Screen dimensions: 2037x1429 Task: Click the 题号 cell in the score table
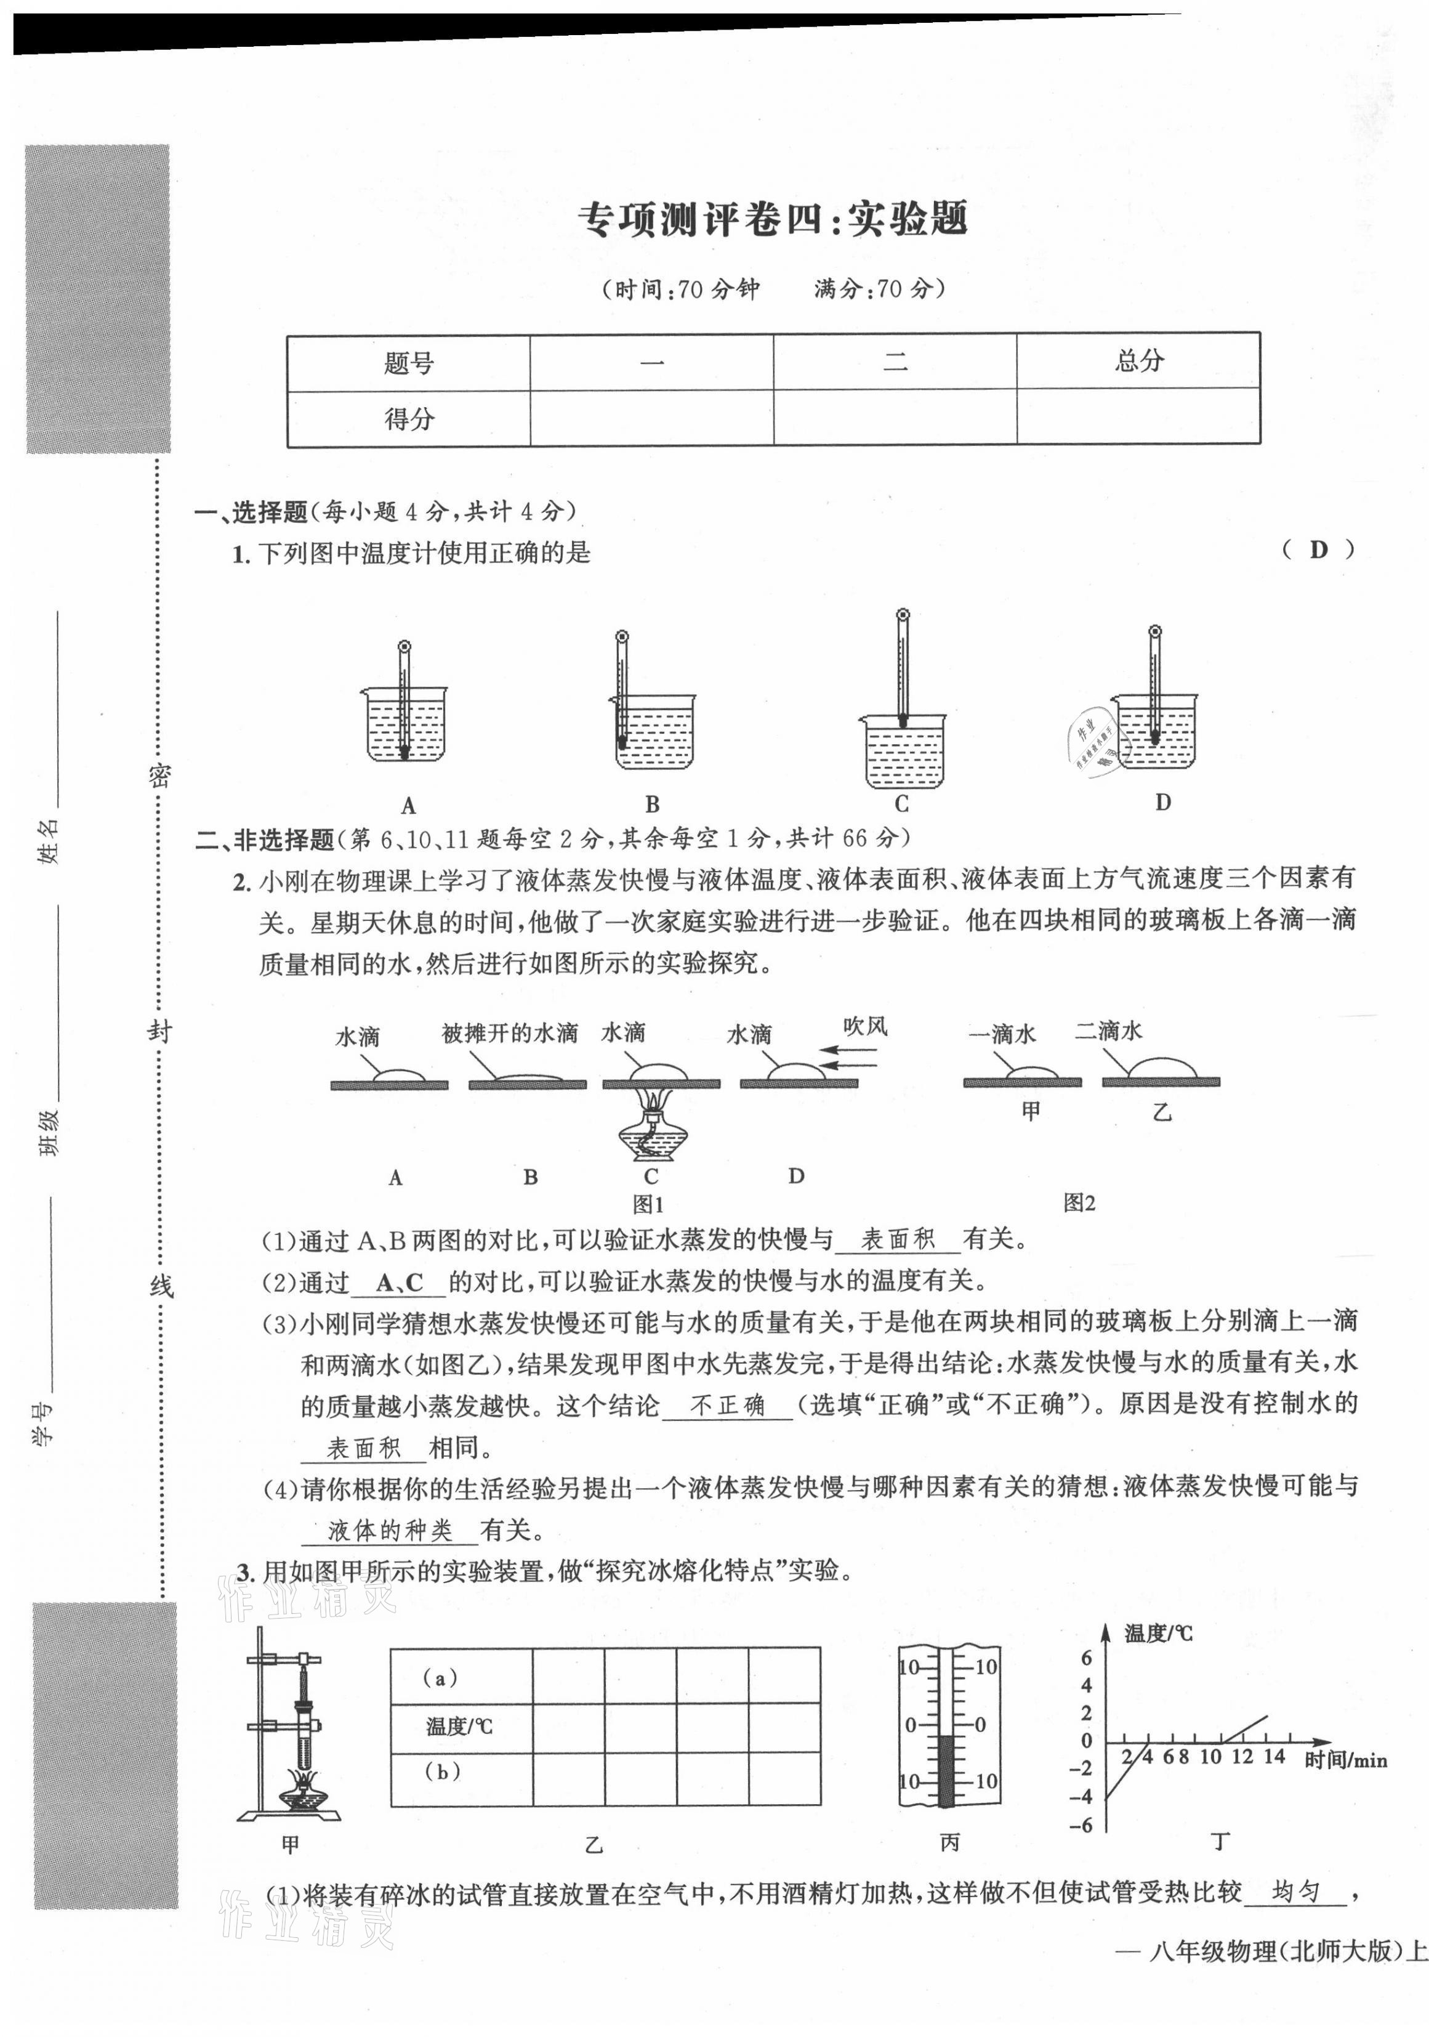(x=408, y=363)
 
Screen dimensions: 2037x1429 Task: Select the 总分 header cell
(x=1138, y=360)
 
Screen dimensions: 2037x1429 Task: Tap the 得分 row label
(x=408, y=419)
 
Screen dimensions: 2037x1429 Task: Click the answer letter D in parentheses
(x=1318, y=550)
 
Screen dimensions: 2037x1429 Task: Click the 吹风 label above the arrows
(x=865, y=1026)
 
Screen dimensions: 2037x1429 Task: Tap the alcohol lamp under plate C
(x=650, y=1133)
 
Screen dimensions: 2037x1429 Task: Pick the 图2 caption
(x=1079, y=1203)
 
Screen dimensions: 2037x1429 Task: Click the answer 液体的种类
(x=390, y=1529)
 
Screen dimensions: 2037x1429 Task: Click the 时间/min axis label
(x=1345, y=1760)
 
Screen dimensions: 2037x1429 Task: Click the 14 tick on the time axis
(x=1274, y=1757)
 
